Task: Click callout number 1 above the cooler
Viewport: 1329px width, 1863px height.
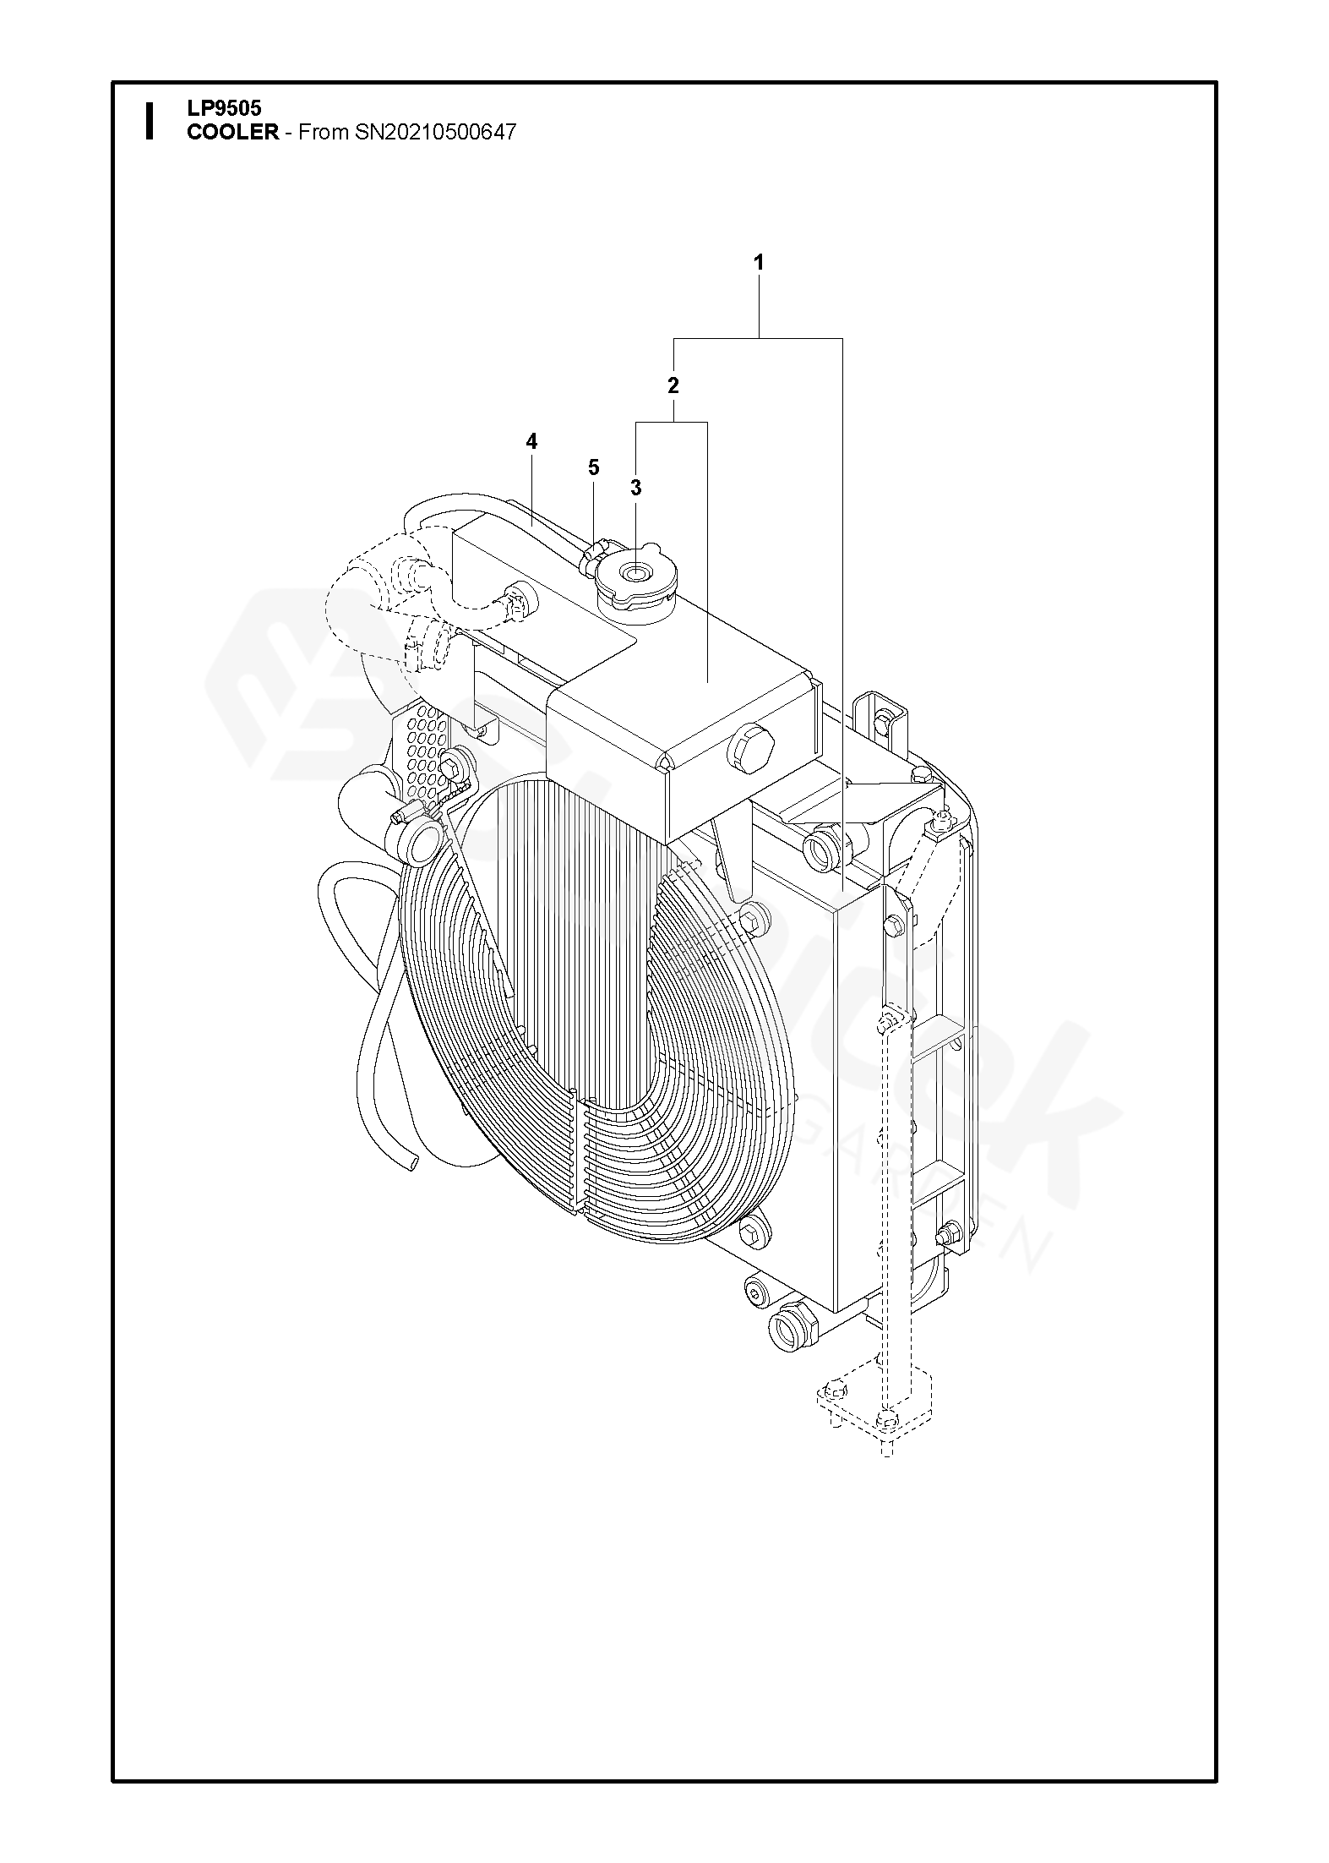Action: tap(758, 263)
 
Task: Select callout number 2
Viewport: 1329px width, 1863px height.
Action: tap(673, 386)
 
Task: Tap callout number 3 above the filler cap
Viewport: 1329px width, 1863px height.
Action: tap(636, 488)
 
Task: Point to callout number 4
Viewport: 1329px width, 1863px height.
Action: tap(531, 441)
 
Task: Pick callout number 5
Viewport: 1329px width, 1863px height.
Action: tap(593, 467)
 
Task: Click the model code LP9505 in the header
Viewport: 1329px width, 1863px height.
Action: tap(224, 109)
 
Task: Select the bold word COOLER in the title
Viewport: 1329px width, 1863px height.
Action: tap(232, 133)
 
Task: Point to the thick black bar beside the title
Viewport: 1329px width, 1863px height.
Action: tap(150, 120)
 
